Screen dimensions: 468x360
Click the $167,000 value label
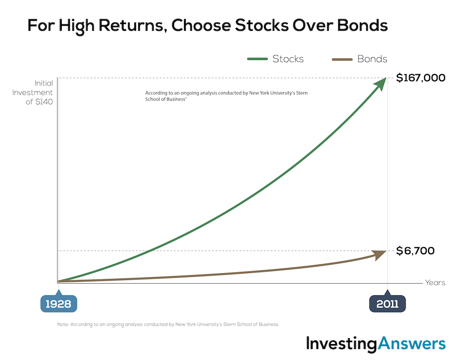[421, 78]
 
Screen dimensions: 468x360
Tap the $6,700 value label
[415, 251]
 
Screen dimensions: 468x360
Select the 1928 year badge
[59, 303]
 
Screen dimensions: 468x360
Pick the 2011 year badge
[388, 303]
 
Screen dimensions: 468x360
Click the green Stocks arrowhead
[380, 84]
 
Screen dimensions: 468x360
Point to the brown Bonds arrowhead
[380, 255]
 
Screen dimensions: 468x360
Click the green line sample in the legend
[257, 59]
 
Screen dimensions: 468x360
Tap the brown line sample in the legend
[342, 59]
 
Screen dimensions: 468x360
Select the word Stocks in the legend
[288, 59]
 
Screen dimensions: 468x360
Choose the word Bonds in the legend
[372, 59]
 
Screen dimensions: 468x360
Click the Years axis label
[435, 282]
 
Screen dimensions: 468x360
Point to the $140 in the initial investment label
[44, 102]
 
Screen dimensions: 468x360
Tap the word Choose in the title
[201, 25]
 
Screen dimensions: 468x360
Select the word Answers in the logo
[411, 344]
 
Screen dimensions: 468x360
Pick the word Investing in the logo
[342, 344]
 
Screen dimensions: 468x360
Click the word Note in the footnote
[63, 324]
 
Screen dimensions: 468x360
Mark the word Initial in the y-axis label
[44, 83]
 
